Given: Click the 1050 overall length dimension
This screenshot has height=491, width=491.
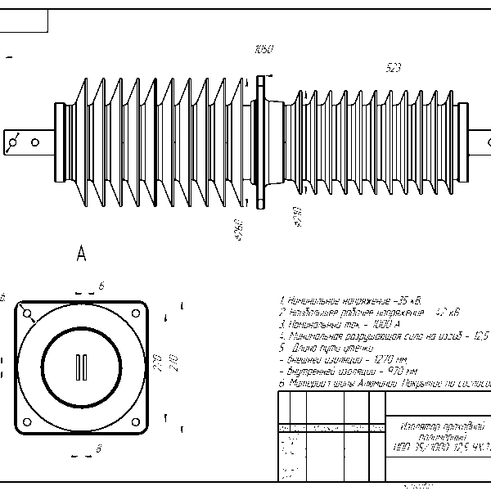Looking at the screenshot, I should [264, 50].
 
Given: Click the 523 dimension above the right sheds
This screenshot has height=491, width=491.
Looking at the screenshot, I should [393, 69].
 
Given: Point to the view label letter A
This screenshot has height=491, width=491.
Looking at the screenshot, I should [81, 255].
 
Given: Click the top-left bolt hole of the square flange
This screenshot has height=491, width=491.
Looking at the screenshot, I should [28, 314].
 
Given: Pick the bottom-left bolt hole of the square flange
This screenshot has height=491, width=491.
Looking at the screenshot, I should [28, 422].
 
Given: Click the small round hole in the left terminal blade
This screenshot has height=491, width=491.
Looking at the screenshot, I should [35, 142].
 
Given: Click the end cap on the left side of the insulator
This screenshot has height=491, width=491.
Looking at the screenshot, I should [60, 142].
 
